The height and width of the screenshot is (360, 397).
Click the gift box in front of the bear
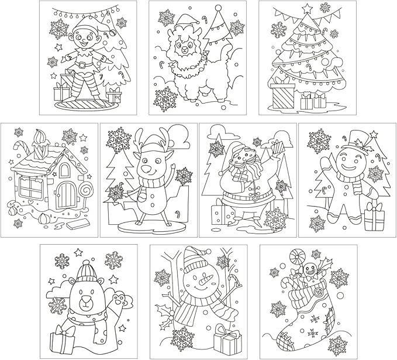(x=63, y=340)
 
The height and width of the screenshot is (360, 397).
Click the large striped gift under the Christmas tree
(x=283, y=95)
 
